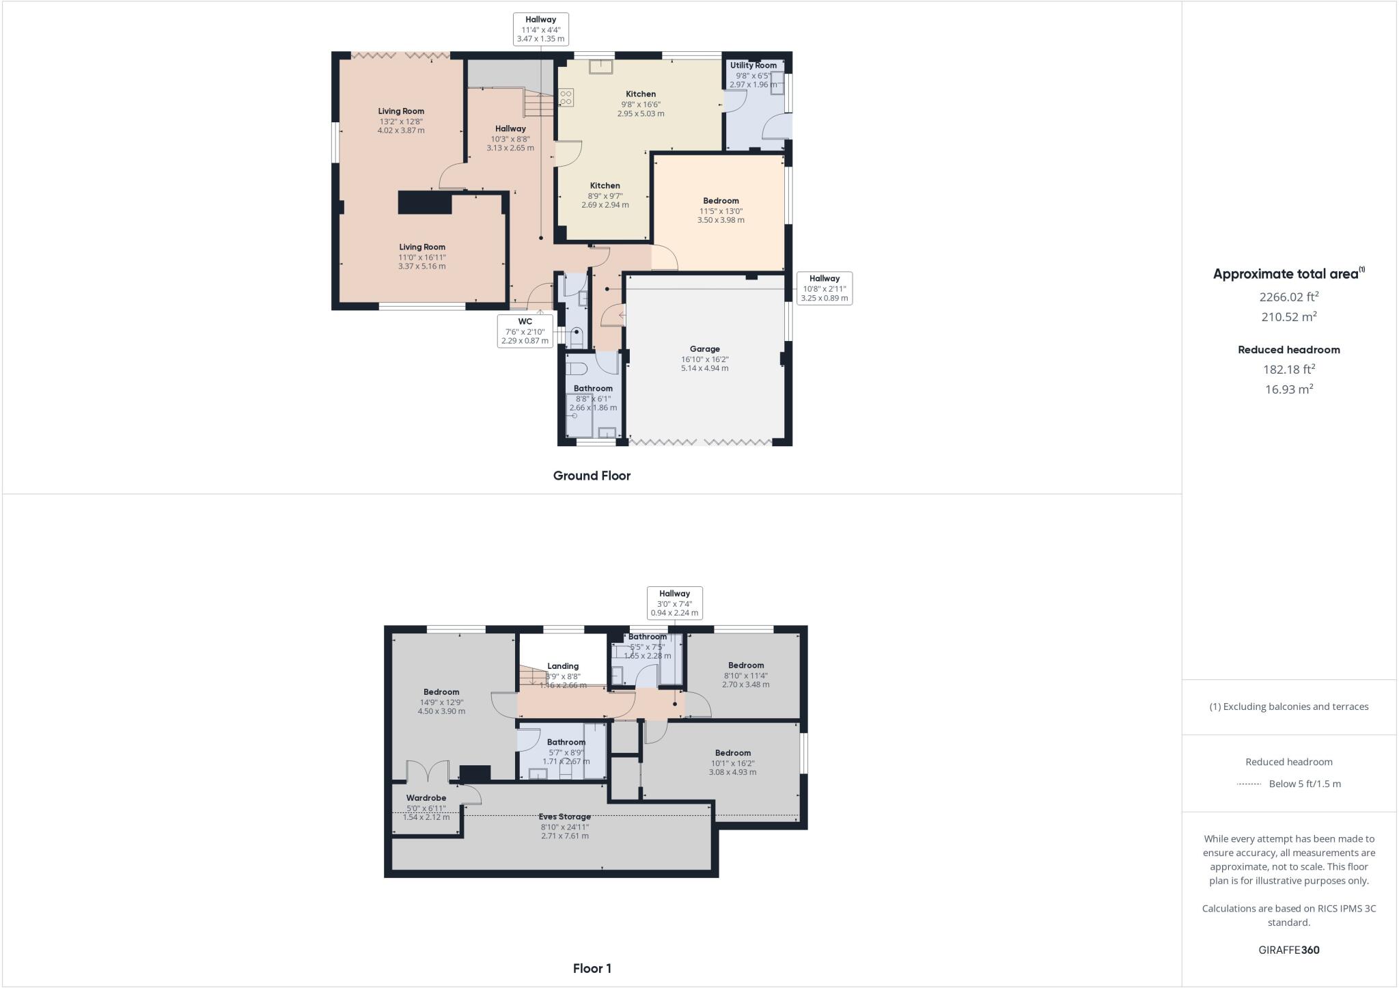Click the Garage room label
(x=704, y=349)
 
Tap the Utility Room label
(x=753, y=66)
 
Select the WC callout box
(x=525, y=331)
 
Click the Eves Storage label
(x=564, y=817)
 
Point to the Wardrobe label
(x=426, y=798)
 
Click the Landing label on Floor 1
(x=563, y=666)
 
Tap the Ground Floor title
(x=592, y=476)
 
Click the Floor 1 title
(x=592, y=968)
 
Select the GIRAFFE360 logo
(x=1288, y=950)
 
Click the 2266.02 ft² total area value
(x=1288, y=297)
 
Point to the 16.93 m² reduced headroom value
(x=1288, y=389)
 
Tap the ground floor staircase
(x=538, y=105)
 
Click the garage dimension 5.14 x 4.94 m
(x=704, y=368)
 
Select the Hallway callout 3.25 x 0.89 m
(x=825, y=288)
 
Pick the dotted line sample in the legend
(x=1248, y=784)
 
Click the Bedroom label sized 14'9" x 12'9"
(x=441, y=692)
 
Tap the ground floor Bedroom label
(x=721, y=201)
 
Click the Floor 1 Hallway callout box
(x=674, y=603)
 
